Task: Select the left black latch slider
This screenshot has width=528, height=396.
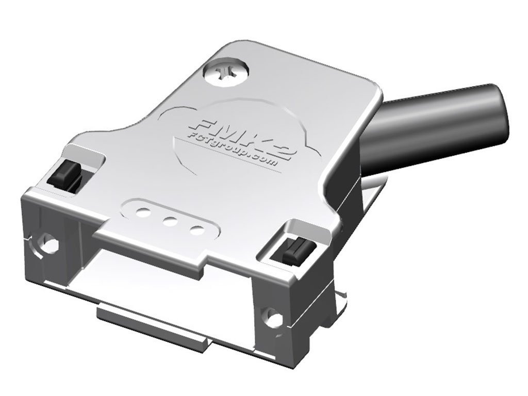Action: [x=65, y=174]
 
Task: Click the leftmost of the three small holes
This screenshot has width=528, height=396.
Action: [x=142, y=212]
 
